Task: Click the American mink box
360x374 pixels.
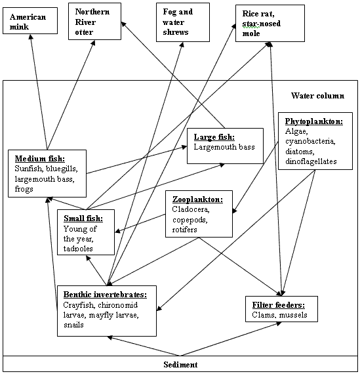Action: coord(30,20)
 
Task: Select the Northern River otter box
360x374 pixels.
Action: coord(94,21)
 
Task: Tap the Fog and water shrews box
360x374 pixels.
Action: coord(183,22)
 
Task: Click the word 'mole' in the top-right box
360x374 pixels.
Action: coord(251,33)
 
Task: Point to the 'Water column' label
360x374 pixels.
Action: coord(317,96)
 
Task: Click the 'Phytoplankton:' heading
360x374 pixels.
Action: coord(314,121)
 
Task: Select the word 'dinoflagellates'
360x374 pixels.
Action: coord(311,161)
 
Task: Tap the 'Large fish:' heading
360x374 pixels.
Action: coord(214,137)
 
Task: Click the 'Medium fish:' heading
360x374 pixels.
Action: coord(40,158)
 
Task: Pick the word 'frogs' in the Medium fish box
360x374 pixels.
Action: coord(24,189)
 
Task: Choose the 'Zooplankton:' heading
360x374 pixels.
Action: coord(197,199)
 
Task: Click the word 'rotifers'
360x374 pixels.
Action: coord(184,230)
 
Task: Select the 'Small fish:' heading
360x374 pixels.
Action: coord(83,218)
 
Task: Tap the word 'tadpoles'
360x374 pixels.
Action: coord(78,249)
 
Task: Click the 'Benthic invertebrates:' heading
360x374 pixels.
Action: coord(105,295)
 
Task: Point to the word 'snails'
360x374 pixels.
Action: coord(73,325)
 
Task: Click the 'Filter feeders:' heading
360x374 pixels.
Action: coord(279,305)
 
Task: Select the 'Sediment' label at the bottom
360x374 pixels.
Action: coord(180,364)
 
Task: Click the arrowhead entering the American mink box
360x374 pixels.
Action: coord(31,37)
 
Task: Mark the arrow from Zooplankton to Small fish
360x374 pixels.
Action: coord(140,223)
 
